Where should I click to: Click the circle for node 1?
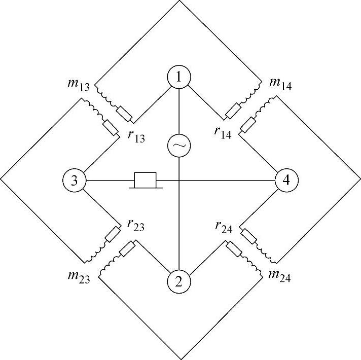point(180,79)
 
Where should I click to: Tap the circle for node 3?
point(75,181)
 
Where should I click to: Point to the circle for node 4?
point(286,181)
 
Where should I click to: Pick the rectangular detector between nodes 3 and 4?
point(145,180)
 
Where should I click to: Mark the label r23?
point(134,226)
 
